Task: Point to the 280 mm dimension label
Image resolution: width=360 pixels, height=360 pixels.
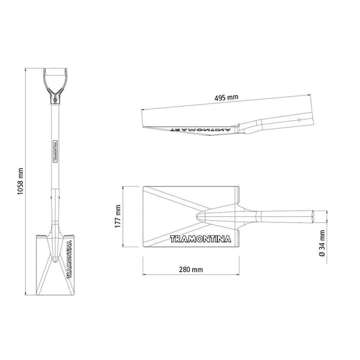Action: [x=190, y=270]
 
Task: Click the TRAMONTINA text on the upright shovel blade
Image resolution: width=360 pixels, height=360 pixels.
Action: [x=69, y=258]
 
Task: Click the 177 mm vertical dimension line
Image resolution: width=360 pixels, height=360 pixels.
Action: [x=123, y=217]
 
